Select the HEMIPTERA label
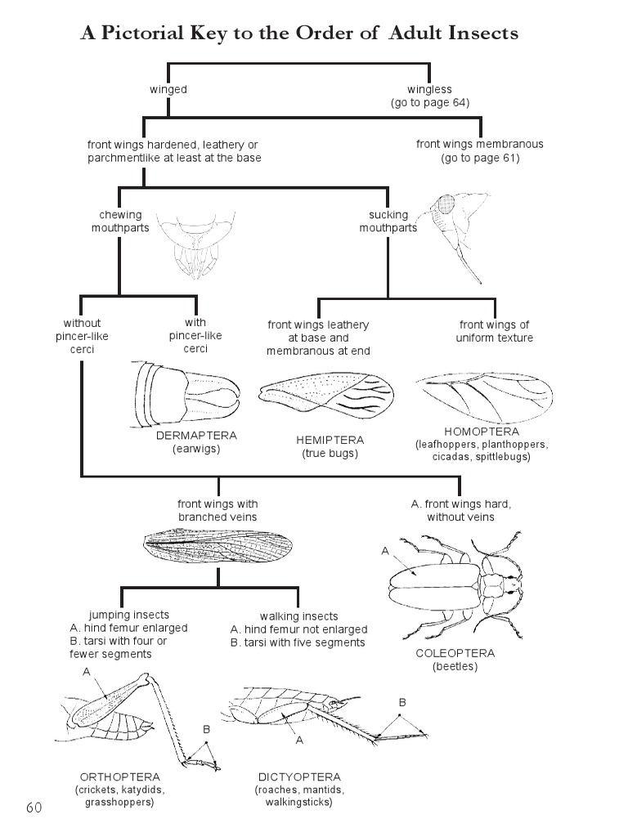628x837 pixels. (330, 440)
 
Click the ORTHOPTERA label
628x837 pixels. (119, 777)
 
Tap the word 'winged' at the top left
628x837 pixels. (168, 89)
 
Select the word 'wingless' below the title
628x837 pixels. (429, 89)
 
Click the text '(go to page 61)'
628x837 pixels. (480, 157)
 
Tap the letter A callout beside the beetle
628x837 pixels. (385, 552)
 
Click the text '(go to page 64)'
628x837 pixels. (429, 102)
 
